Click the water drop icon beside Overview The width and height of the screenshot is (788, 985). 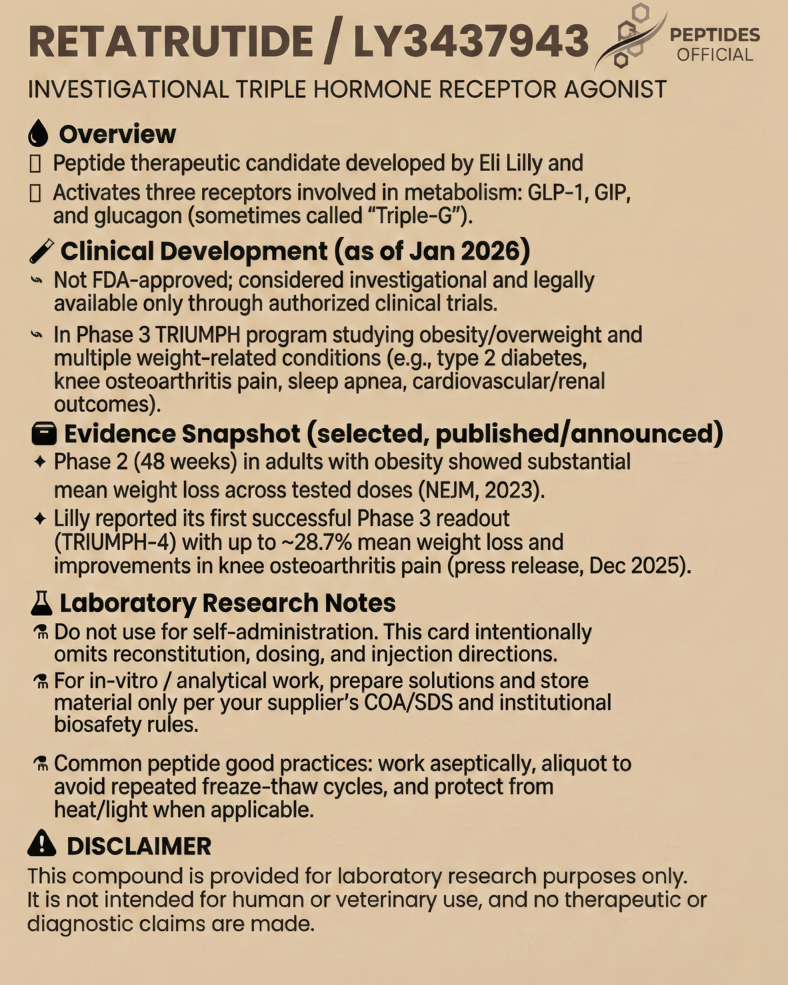(x=38, y=134)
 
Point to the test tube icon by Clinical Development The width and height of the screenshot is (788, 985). (x=41, y=251)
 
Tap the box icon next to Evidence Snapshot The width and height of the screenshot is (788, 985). (x=44, y=433)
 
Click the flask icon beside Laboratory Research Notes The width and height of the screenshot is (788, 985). (x=42, y=603)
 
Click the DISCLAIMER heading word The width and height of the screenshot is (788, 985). (x=139, y=846)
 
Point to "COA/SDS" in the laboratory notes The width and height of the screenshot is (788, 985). (x=408, y=702)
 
